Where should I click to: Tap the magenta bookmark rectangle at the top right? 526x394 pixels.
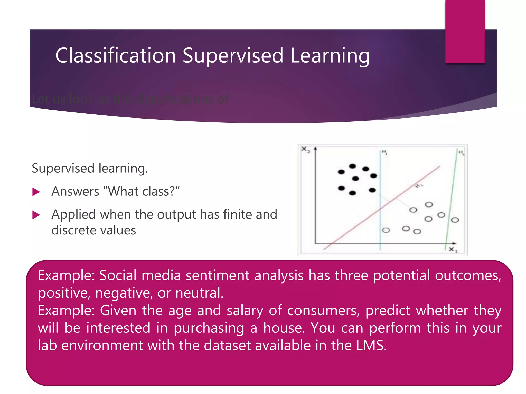[465, 31]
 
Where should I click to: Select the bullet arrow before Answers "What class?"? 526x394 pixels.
[36, 192]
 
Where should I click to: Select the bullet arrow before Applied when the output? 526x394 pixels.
[36, 215]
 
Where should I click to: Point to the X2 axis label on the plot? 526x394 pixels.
[305, 150]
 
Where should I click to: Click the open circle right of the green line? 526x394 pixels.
[455, 220]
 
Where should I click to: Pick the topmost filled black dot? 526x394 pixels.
[353, 166]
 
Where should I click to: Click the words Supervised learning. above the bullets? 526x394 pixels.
[90, 169]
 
